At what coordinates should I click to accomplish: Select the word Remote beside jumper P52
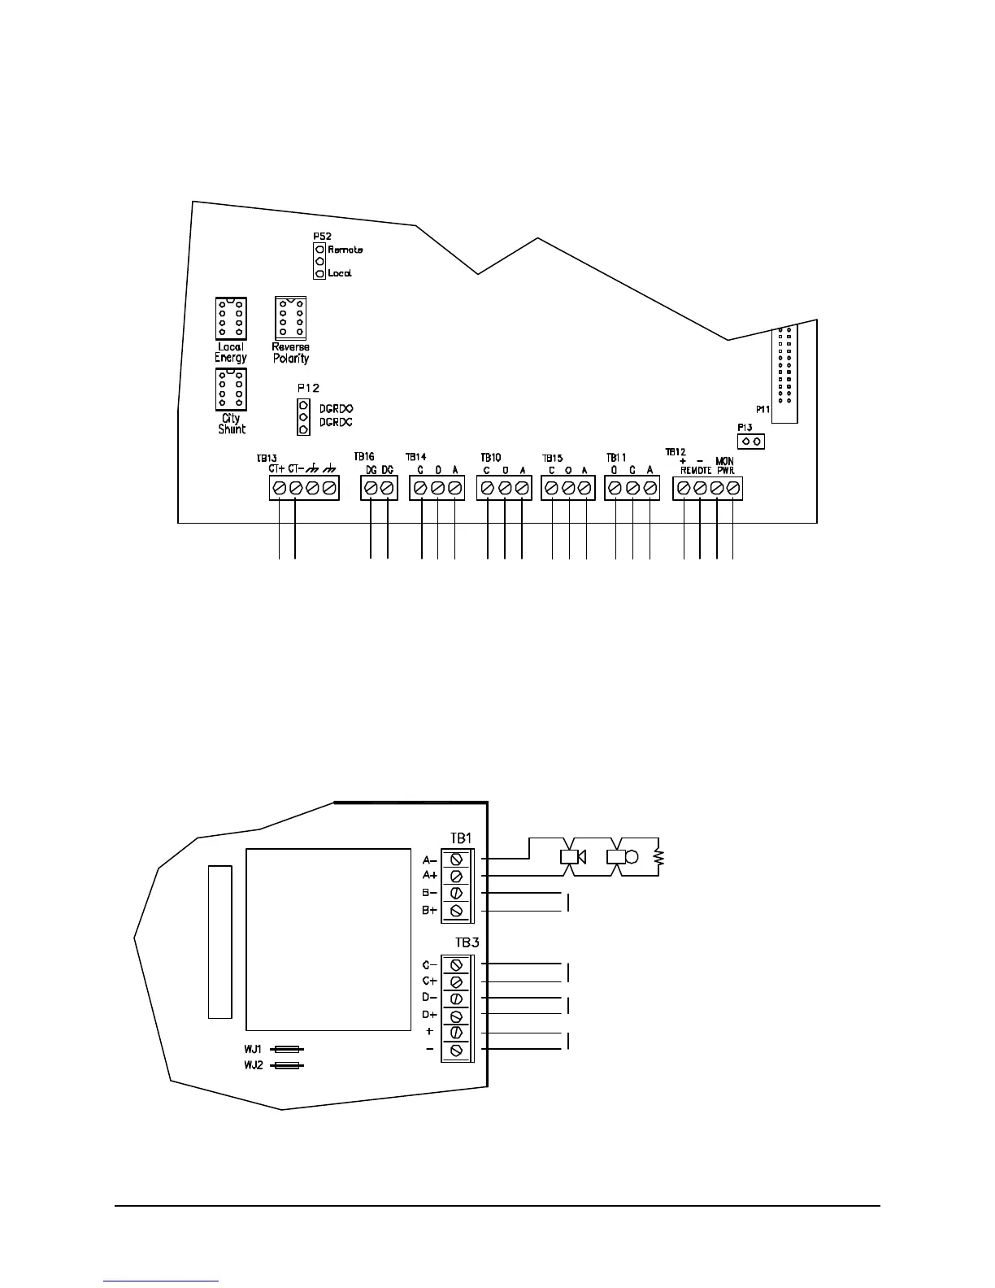pos(345,250)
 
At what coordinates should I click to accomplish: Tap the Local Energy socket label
pos(230,352)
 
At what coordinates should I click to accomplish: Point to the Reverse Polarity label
pos(290,352)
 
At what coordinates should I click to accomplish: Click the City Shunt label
pos(232,424)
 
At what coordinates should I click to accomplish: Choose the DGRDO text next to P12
pos(337,408)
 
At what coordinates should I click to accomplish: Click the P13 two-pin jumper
pos(752,442)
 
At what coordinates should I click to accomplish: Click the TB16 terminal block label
pos(364,457)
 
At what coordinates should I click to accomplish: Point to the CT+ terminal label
pos(276,469)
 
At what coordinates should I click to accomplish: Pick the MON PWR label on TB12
pos(724,465)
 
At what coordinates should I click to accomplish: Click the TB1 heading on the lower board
pos(461,838)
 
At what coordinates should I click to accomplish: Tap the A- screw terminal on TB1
pos(456,859)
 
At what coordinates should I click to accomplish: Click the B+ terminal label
pos(429,911)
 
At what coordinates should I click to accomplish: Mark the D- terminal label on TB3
pos(429,998)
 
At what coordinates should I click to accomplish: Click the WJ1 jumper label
pos(253,1050)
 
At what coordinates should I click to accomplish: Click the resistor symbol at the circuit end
pos(659,856)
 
